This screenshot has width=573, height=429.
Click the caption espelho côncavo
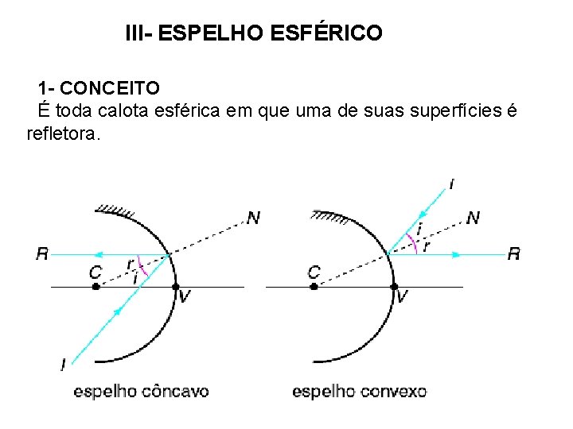click(141, 391)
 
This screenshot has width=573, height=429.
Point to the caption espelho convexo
click(359, 391)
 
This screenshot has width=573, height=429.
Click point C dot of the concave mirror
click(95, 286)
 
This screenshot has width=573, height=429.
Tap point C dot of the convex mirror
click(314, 286)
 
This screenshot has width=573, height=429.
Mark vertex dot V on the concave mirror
click(177, 286)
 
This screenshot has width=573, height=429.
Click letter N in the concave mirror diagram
click(253, 218)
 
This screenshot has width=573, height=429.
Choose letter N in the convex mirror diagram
click(473, 217)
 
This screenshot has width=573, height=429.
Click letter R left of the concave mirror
click(42, 254)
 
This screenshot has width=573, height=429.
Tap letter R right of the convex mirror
click(514, 254)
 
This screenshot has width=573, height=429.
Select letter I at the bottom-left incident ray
click(63, 364)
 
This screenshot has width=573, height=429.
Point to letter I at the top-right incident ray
click(452, 185)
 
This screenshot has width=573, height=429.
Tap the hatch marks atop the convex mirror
click(329, 214)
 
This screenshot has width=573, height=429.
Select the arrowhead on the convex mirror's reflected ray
click(457, 255)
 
